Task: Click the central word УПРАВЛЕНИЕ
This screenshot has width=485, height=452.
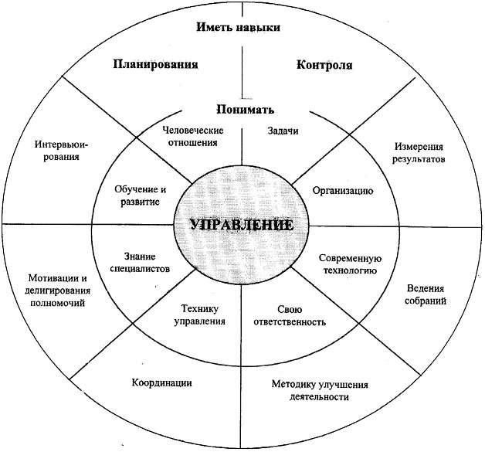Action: pyautogui.click(x=242, y=225)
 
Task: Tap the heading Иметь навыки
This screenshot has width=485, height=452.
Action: pyautogui.click(x=239, y=27)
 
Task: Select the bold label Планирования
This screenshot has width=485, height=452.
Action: pyautogui.click(x=155, y=64)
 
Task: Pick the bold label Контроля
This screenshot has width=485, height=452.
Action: pyautogui.click(x=324, y=65)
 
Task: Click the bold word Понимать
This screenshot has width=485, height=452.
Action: pyautogui.click(x=245, y=109)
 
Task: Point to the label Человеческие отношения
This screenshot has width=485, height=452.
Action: pyautogui.click(x=193, y=137)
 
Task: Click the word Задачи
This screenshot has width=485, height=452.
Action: pyautogui.click(x=283, y=131)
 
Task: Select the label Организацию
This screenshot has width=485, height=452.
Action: pyautogui.click(x=343, y=191)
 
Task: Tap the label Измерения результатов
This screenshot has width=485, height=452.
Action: pyautogui.click(x=419, y=153)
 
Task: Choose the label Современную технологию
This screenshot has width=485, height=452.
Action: pyautogui.click(x=350, y=264)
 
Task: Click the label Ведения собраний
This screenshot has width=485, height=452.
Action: pyautogui.click(x=426, y=294)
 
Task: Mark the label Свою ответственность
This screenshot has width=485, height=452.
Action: pyautogui.click(x=290, y=315)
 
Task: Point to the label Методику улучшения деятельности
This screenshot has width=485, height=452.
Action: pyautogui.click(x=320, y=390)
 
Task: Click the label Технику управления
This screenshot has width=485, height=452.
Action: pyautogui.click(x=199, y=314)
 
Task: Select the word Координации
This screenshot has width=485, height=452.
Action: pyautogui.click(x=161, y=382)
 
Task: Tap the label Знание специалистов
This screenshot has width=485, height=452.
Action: pyautogui.click(x=140, y=263)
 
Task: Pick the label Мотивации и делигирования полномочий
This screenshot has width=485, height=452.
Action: pyautogui.click(x=57, y=291)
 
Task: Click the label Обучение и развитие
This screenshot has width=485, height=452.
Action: pyautogui.click(x=140, y=195)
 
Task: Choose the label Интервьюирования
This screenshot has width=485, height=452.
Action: pyautogui.click(x=61, y=151)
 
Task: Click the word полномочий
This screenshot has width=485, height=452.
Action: pyautogui.click(x=58, y=302)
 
